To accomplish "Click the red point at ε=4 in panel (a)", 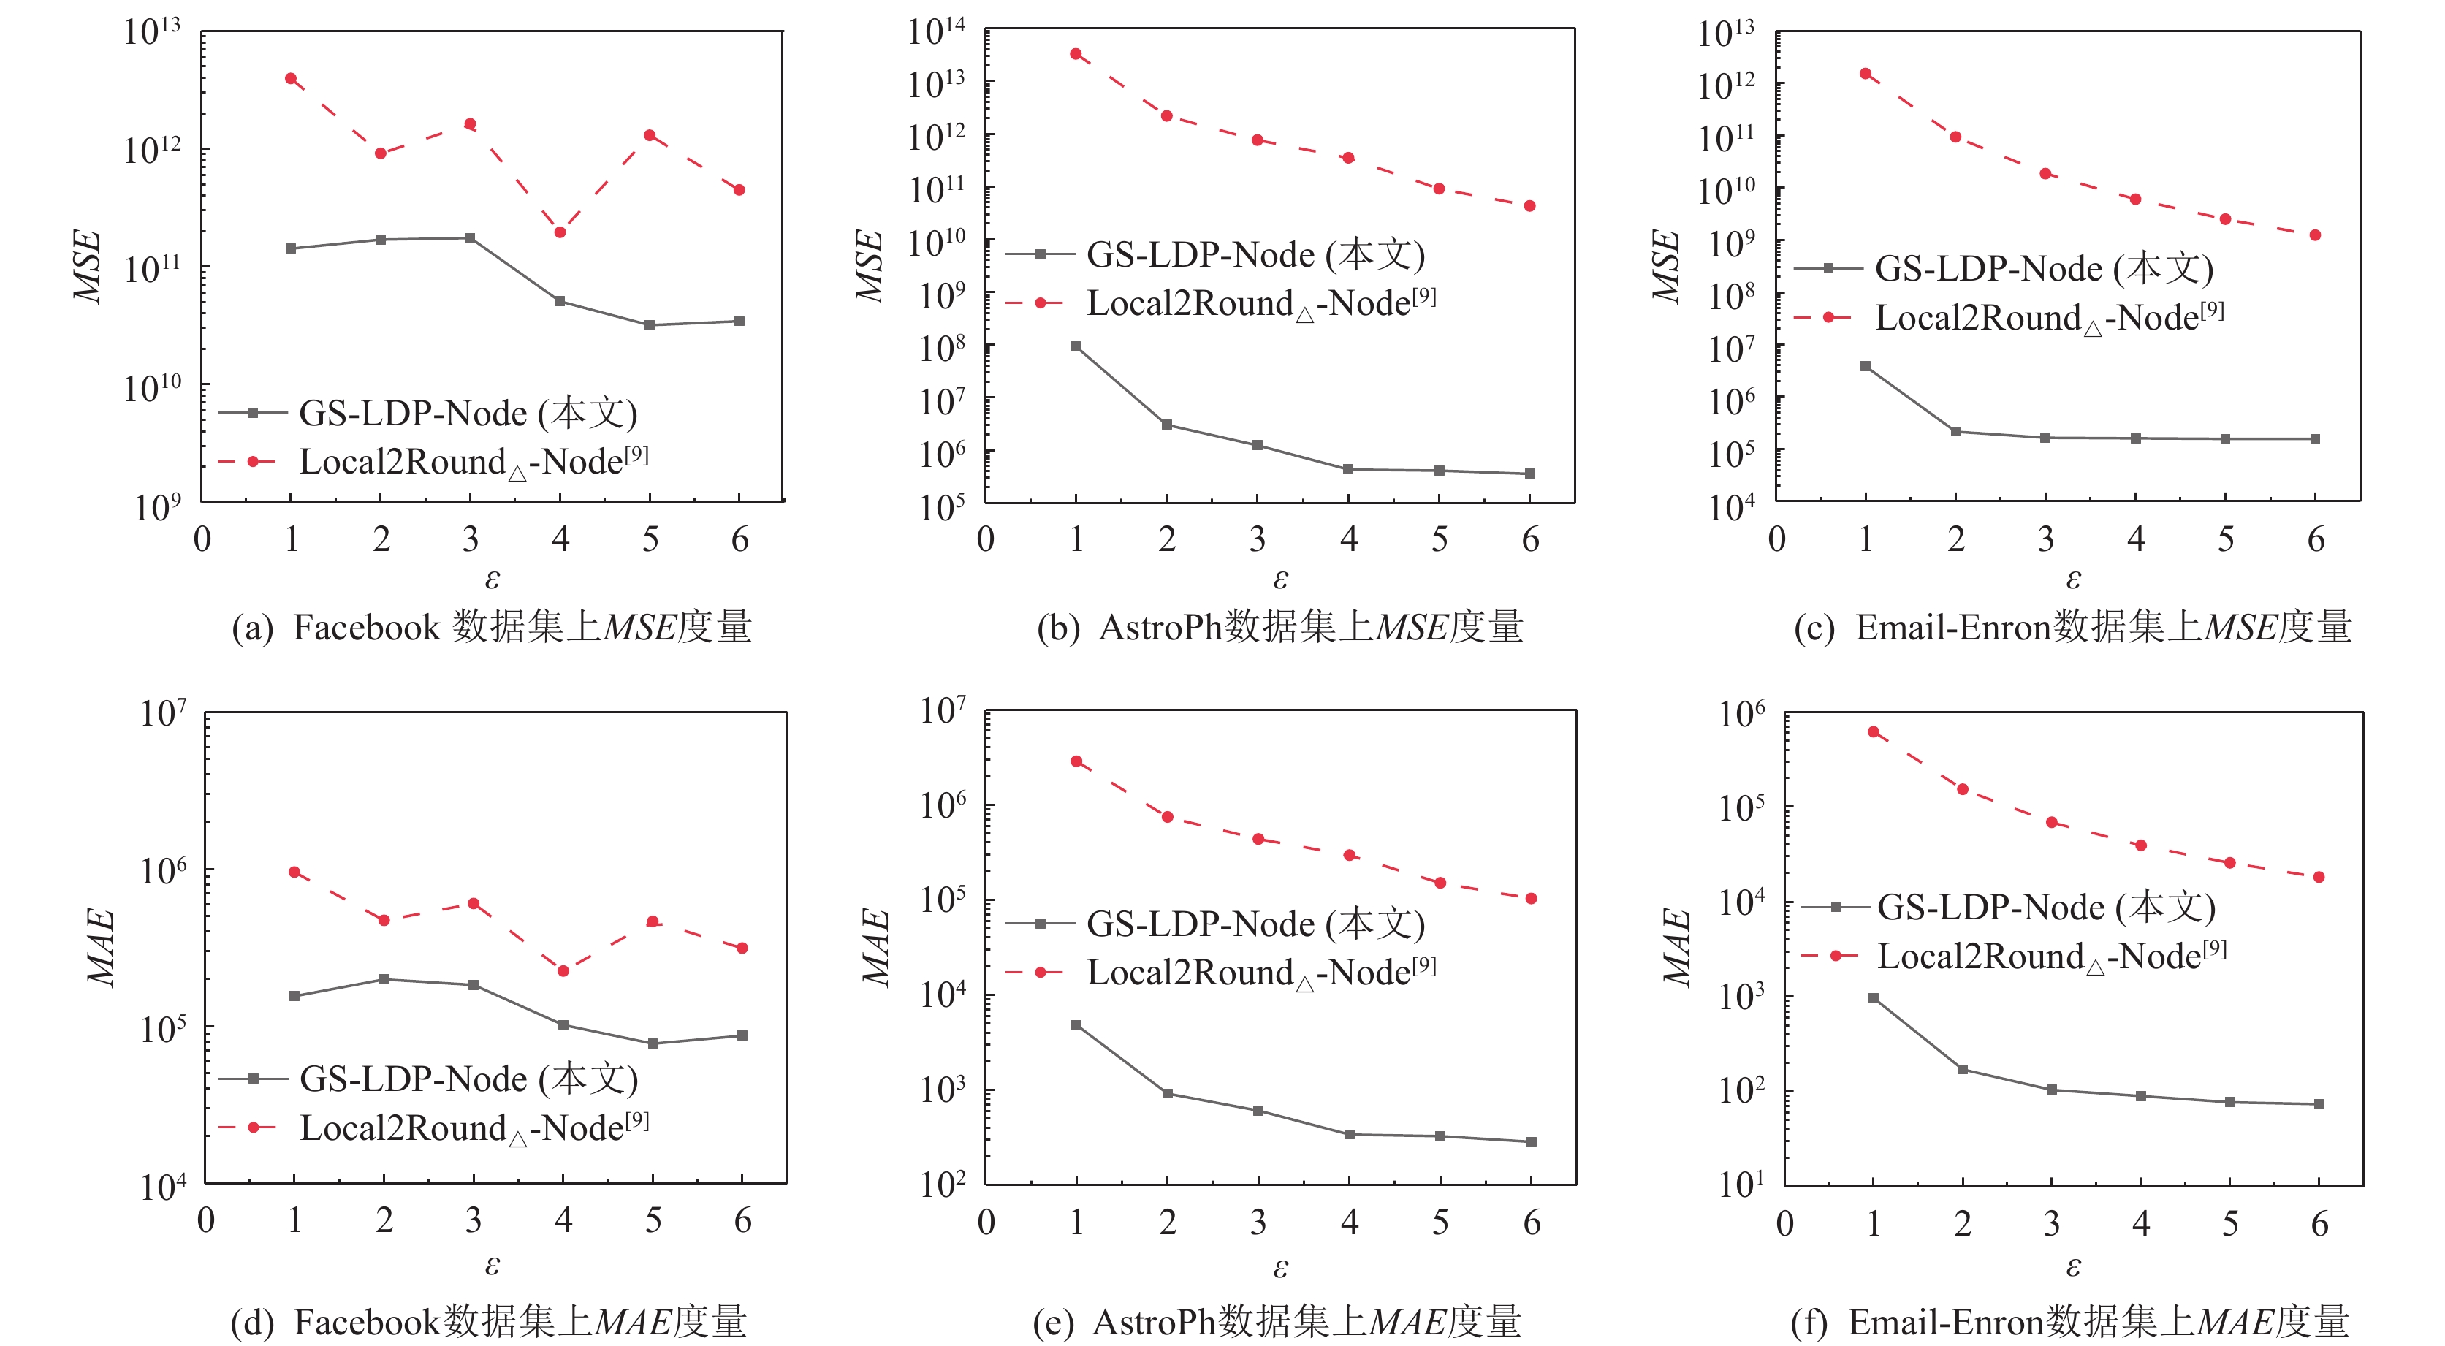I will tap(560, 232).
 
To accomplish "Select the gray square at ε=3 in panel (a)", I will tap(471, 238).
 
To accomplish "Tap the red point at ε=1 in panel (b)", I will tap(1076, 54).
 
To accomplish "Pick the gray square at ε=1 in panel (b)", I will tap(1076, 346).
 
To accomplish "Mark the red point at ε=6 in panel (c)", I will tap(2315, 235).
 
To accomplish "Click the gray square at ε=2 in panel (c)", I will tap(1955, 432).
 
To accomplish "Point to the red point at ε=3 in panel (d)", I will tap(474, 904).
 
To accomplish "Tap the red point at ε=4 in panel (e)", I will tap(1349, 855).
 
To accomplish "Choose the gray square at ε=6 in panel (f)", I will tap(2319, 1104).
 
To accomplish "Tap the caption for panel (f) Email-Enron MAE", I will tap(2069, 1321).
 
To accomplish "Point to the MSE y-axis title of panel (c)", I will tap(1667, 266).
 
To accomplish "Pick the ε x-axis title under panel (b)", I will tap(1279, 578).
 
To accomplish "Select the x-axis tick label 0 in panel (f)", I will tap(1784, 1223).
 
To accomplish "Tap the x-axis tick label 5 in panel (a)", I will tap(650, 539).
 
